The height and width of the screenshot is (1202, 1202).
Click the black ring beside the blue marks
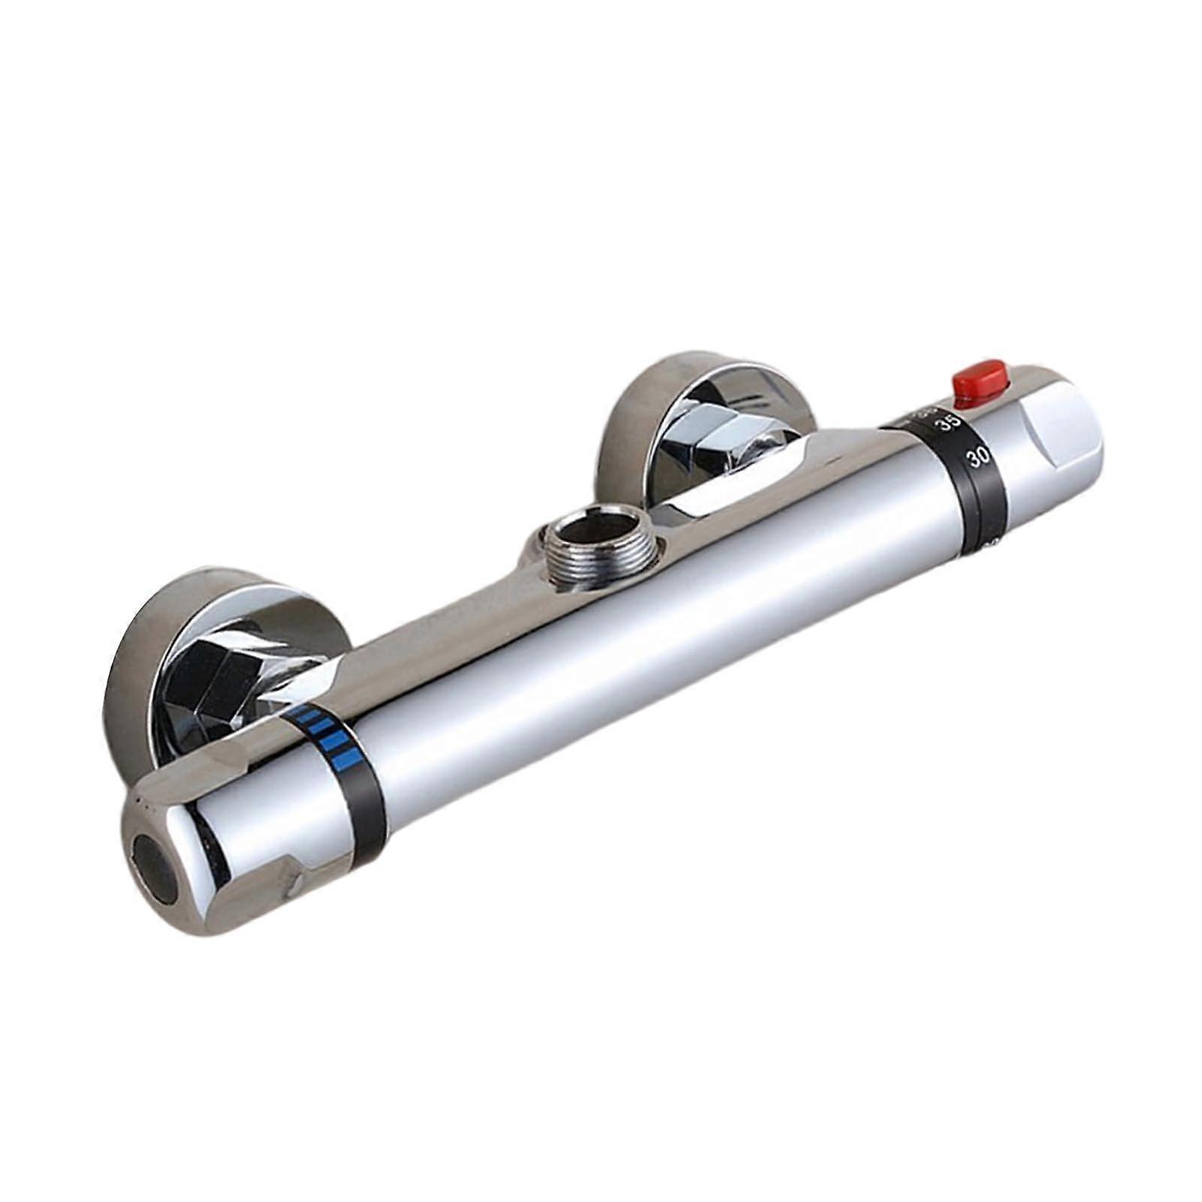click(x=361, y=789)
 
